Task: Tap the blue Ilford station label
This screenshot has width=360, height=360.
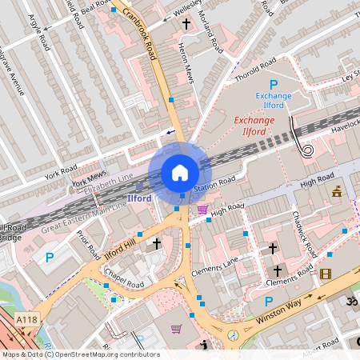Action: point(139,197)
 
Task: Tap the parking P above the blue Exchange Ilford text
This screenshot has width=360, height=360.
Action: point(273,85)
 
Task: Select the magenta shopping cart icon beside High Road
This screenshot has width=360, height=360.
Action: point(202,210)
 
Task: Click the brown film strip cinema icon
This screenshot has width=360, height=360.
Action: point(325,274)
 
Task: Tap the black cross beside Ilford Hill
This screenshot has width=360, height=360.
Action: point(157,243)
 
